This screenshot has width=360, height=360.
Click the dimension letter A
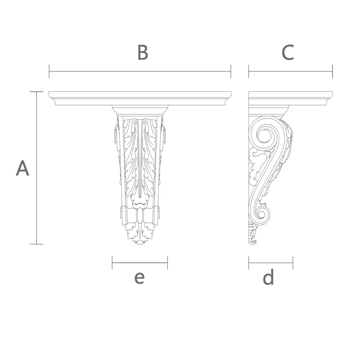tap(22, 168)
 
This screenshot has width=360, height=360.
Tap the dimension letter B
tap(143, 52)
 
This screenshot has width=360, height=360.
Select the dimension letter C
tap(288, 52)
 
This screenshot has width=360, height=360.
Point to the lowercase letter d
tap(268, 277)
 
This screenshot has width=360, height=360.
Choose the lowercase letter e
tap(139, 278)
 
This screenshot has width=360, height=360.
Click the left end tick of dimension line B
tap(49, 71)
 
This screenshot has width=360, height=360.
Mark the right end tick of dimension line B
tap(231, 71)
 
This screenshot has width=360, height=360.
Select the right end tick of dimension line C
tap(332, 71)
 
